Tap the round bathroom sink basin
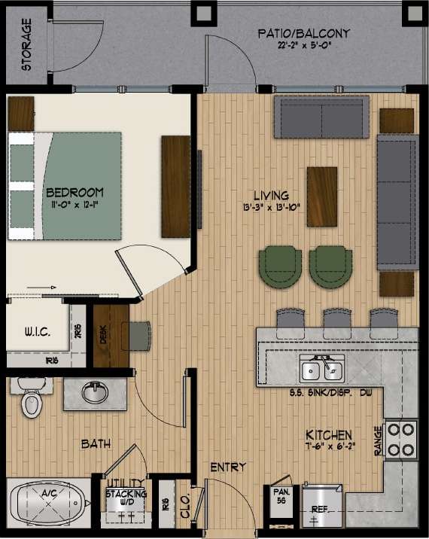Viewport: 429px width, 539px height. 93,391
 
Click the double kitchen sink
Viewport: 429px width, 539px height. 321,370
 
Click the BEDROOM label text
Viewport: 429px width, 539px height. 74,192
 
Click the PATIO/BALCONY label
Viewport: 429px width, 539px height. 303,34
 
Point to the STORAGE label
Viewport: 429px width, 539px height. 26,45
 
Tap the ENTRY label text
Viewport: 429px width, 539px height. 228,467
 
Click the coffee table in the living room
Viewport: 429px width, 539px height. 322,190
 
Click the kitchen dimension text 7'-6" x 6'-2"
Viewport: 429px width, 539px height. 328,446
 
